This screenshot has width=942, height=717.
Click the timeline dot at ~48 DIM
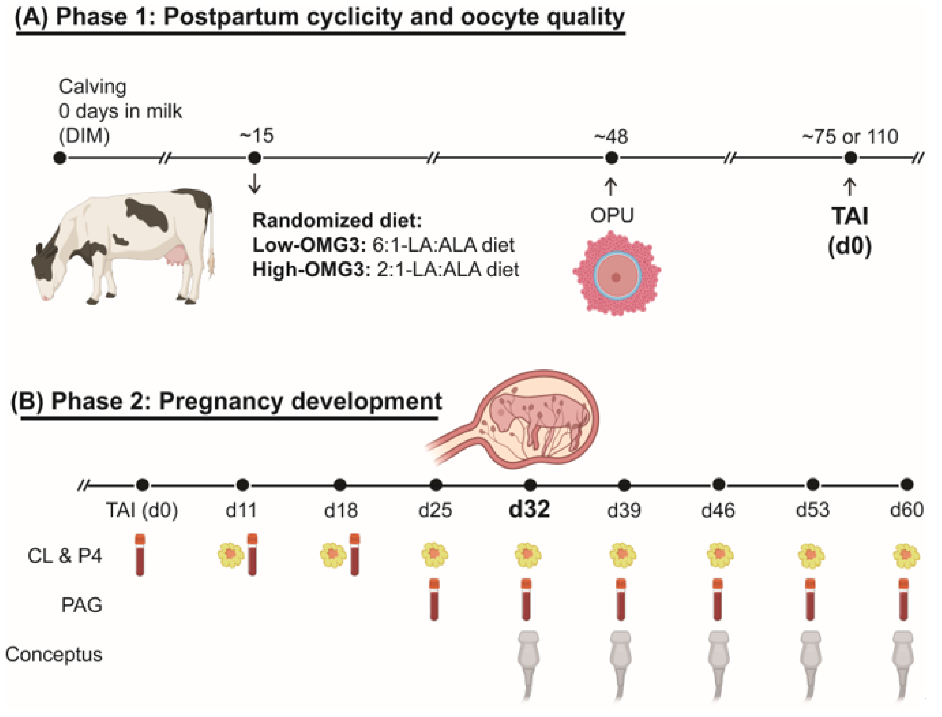click(x=611, y=158)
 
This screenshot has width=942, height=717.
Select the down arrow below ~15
click(x=255, y=183)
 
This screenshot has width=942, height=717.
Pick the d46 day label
click(x=718, y=510)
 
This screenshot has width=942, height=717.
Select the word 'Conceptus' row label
click(x=54, y=654)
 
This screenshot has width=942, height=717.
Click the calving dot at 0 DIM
click(x=60, y=158)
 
